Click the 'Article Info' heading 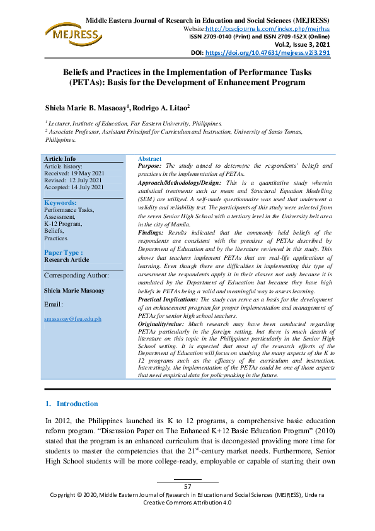point(60,158)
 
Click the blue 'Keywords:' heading point(61,202)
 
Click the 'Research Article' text point(67,259)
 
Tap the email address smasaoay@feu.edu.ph point(72,319)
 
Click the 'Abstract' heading point(149,159)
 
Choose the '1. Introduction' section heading point(71,404)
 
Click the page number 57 point(187,486)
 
